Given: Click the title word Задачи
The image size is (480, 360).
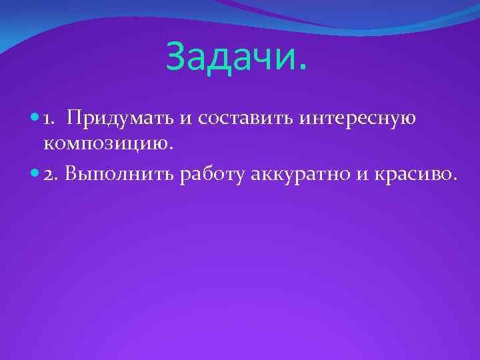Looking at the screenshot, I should [x=237, y=56].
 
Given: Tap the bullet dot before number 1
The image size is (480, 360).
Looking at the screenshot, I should [x=35, y=119].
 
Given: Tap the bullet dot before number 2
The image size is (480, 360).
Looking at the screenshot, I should [x=35, y=174].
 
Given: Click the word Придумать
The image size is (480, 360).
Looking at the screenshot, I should [x=121, y=119].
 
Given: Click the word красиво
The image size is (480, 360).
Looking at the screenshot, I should [x=417, y=174].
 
